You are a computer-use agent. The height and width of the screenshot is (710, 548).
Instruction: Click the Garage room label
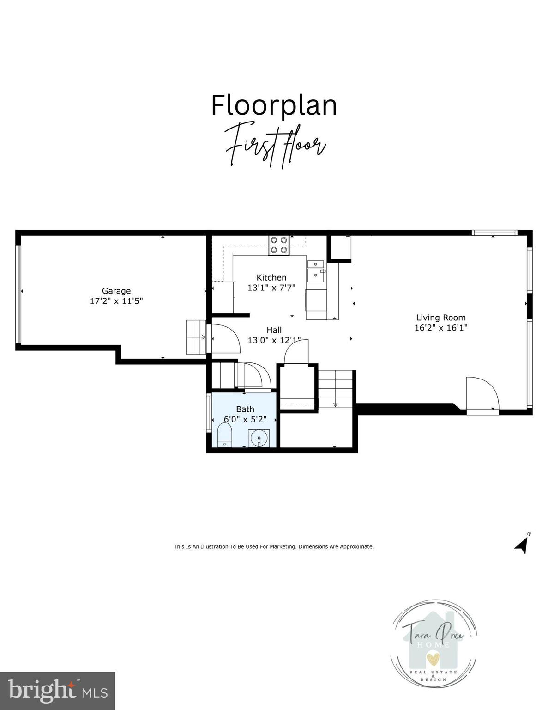click(116, 291)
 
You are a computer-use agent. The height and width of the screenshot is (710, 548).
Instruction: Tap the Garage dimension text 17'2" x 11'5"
click(116, 301)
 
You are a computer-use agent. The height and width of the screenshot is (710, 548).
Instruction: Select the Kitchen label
click(271, 277)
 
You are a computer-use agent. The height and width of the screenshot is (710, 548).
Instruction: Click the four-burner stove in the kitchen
click(279, 245)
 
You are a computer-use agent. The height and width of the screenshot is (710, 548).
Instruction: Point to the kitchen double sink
click(316, 270)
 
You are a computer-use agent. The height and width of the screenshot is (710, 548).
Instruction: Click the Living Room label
click(441, 318)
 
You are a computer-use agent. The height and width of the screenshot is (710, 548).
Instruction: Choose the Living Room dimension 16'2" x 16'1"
click(441, 328)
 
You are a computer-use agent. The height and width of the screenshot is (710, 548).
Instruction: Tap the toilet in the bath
click(224, 436)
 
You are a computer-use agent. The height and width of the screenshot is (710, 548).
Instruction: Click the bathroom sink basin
click(259, 438)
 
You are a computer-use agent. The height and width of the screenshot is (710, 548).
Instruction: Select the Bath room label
click(245, 409)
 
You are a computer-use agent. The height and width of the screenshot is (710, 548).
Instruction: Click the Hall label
click(274, 330)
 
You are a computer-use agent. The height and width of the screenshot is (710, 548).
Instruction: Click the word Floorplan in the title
click(274, 105)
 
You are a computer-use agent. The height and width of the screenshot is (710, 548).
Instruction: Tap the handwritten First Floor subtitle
click(276, 146)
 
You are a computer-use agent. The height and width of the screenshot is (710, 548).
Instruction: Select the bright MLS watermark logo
click(58, 691)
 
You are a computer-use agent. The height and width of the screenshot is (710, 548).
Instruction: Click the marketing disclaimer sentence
click(274, 546)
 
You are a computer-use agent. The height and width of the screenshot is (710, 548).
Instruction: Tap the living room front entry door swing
click(481, 394)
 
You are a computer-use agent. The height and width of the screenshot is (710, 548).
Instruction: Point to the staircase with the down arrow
click(335, 388)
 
